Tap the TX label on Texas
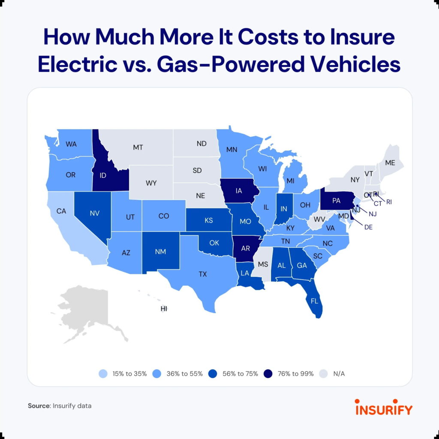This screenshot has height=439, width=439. (x=203, y=274)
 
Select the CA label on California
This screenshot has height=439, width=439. (x=61, y=211)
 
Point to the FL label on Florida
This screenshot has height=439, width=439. (x=314, y=301)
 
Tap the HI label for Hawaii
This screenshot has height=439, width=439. (x=163, y=309)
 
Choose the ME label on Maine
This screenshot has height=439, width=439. (x=390, y=162)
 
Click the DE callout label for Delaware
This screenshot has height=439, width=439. (x=369, y=227)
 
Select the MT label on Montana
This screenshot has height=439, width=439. (x=138, y=147)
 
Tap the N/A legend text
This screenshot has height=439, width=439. (x=339, y=373)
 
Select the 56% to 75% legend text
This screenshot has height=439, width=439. (x=240, y=373)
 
